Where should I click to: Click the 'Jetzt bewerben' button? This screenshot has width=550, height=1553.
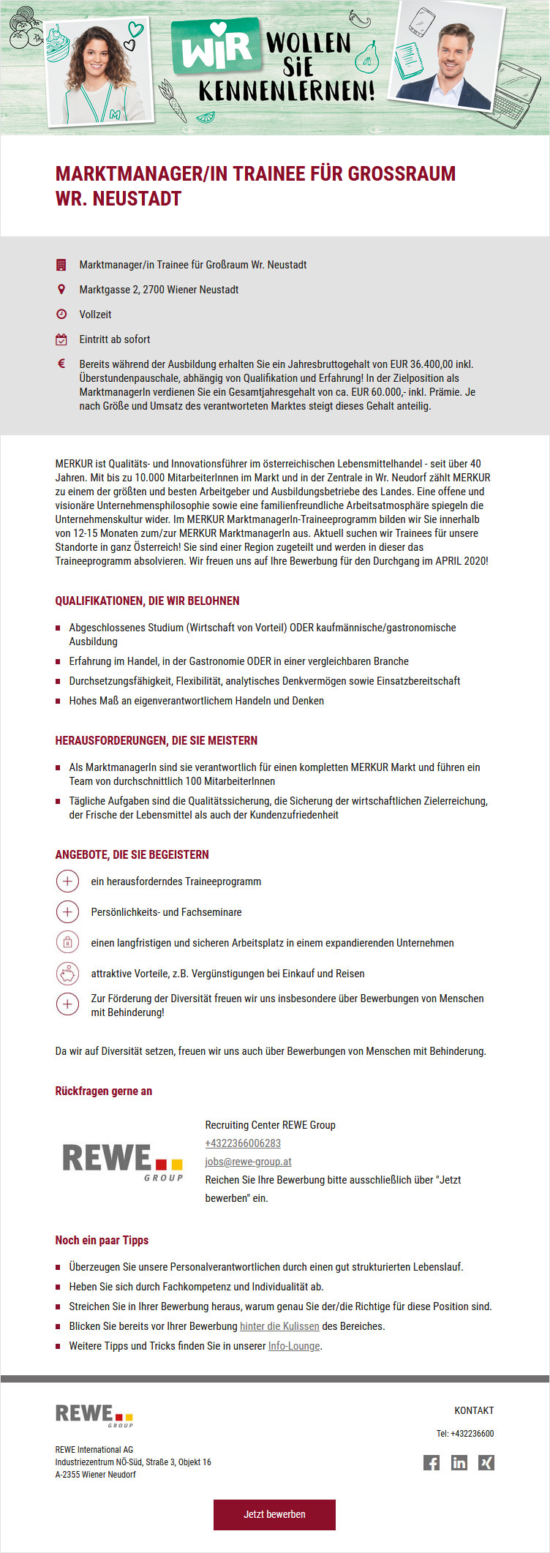point(274,1514)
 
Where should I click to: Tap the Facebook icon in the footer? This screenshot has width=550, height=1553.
point(432,1462)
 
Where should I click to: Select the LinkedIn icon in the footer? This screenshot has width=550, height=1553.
point(459,1462)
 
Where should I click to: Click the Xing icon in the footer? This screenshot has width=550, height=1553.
point(486,1462)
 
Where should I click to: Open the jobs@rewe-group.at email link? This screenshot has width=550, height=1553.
point(248,1162)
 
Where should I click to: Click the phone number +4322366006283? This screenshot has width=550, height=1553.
point(243,1143)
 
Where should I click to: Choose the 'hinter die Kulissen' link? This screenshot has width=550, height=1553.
point(279,1326)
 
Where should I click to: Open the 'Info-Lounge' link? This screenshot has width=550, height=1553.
point(294,1346)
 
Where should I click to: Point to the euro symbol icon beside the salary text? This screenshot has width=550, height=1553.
point(61,364)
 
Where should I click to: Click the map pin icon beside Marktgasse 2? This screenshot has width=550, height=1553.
point(61,290)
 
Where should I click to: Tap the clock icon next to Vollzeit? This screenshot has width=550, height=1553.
point(61,315)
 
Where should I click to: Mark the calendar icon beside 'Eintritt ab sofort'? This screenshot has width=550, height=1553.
point(61,339)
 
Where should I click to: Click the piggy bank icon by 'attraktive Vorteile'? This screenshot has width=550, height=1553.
point(67,974)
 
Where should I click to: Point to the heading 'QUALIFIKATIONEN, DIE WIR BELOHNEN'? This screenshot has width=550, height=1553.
point(148,601)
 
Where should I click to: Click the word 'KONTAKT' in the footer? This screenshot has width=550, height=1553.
point(474,1410)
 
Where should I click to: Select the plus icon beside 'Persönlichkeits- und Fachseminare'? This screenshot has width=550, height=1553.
point(67,912)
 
